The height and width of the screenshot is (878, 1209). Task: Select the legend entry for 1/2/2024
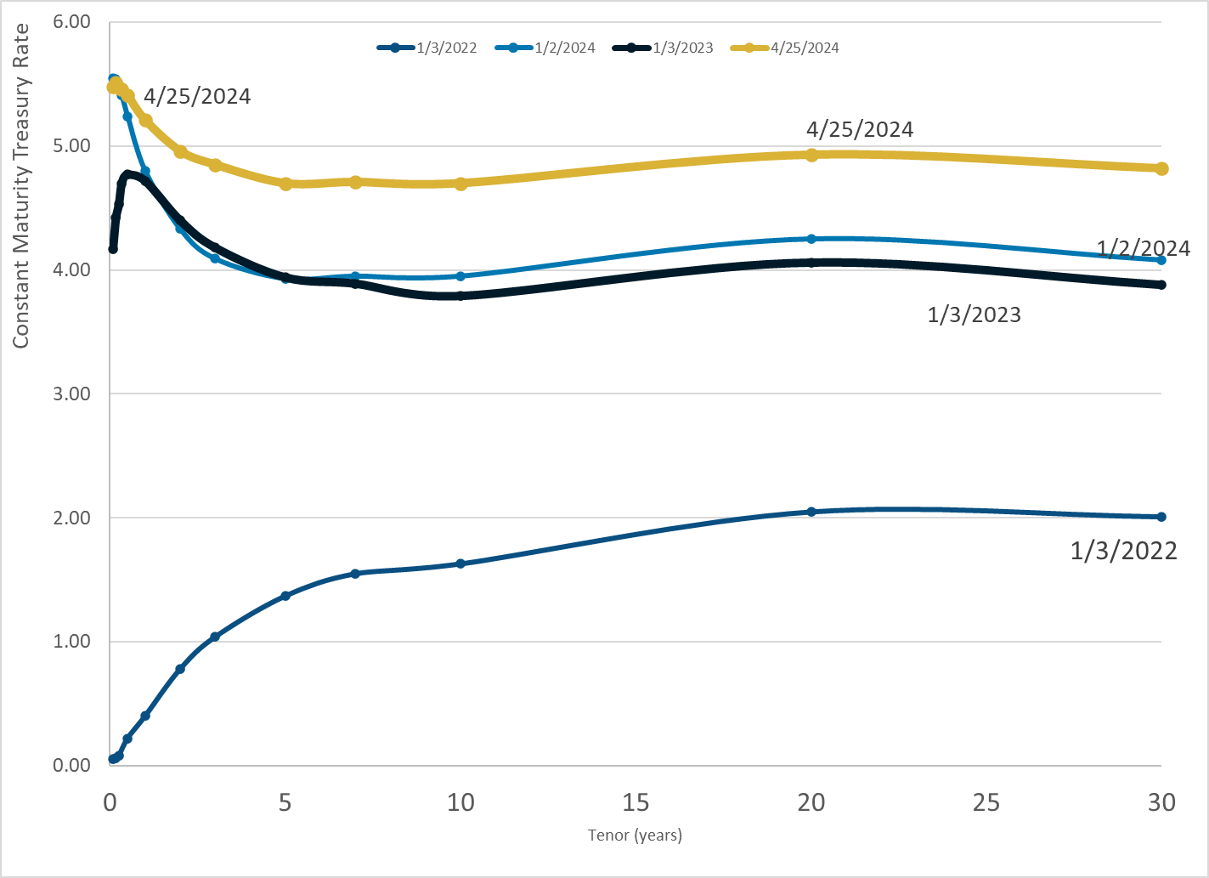pos(545,48)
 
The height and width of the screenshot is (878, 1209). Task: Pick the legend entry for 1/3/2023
pos(664,48)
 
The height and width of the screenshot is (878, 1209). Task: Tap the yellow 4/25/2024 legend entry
pos(785,48)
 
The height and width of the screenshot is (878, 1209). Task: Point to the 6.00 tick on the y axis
pos(71,22)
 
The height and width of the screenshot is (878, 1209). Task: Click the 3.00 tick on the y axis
pos(71,394)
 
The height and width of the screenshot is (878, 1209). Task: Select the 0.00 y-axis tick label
pos(71,765)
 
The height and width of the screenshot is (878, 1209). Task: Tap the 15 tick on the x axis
pos(636,802)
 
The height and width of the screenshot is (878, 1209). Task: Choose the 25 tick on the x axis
pos(986,802)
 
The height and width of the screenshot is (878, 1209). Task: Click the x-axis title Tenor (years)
pos(635,835)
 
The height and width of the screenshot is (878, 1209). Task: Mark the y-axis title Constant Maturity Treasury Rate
pos(21,185)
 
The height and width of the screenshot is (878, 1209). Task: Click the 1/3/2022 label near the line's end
pos(1123,551)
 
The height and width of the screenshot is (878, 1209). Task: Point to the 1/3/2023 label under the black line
pos(974,314)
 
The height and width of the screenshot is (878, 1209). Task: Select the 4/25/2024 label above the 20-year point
pos(860,129)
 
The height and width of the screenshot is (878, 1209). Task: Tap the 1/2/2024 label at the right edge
pos(1144,248)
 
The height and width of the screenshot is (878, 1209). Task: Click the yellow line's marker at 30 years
pos(1161,168)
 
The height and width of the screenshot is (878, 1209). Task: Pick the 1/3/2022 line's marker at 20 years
pos(811,512)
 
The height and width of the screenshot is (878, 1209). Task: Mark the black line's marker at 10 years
pos(460,296)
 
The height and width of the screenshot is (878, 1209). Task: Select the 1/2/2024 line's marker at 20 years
pos(811,239)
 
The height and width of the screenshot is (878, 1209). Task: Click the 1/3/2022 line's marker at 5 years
pos(285,596)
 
